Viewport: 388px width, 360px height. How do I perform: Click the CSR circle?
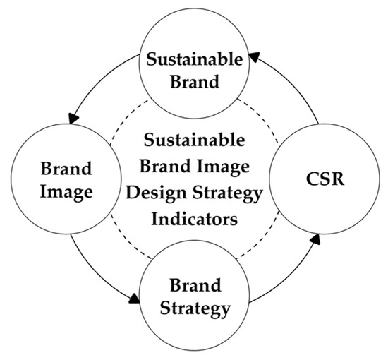tap(315, 181)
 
